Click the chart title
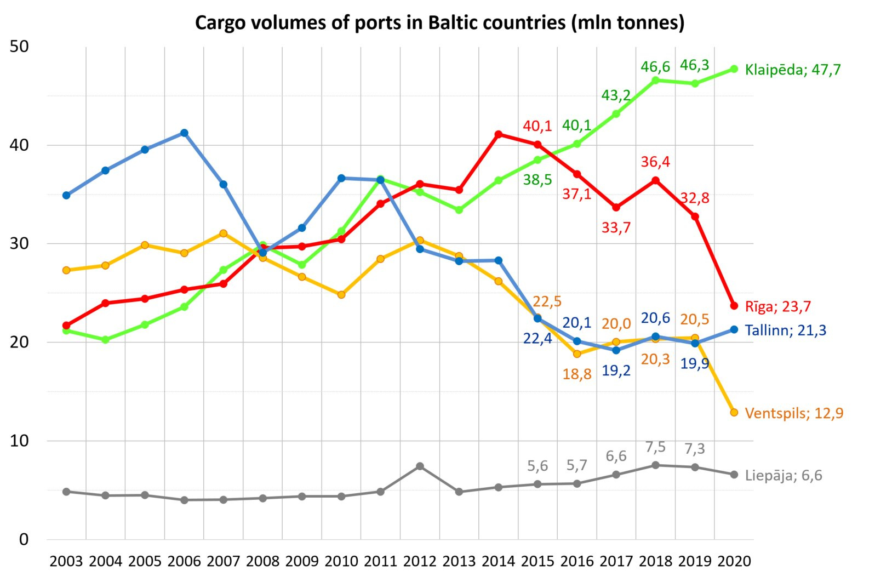click(439, 23)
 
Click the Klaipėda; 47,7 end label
click(792, 70)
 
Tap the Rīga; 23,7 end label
click(777, 306)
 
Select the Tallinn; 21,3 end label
click(785, 330)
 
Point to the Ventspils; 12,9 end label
click(794, 413)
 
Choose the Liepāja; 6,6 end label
click(784, 475)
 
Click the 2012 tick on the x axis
click(420, 561)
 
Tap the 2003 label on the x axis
click(66, 561)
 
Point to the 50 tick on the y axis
click(20, 47)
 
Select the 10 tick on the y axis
click(20, 441)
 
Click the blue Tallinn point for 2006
click(184, 133)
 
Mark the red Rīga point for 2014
click(499, 134)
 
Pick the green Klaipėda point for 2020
click(734, 69)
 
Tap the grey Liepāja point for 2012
click(420, 466)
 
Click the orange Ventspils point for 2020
click(734, 412)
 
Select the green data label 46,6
click(655, 67)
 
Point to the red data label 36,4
click(655, 162)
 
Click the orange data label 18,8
click(577, 374)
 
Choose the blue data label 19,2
click(616, 370)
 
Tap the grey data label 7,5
click(655, 447)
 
